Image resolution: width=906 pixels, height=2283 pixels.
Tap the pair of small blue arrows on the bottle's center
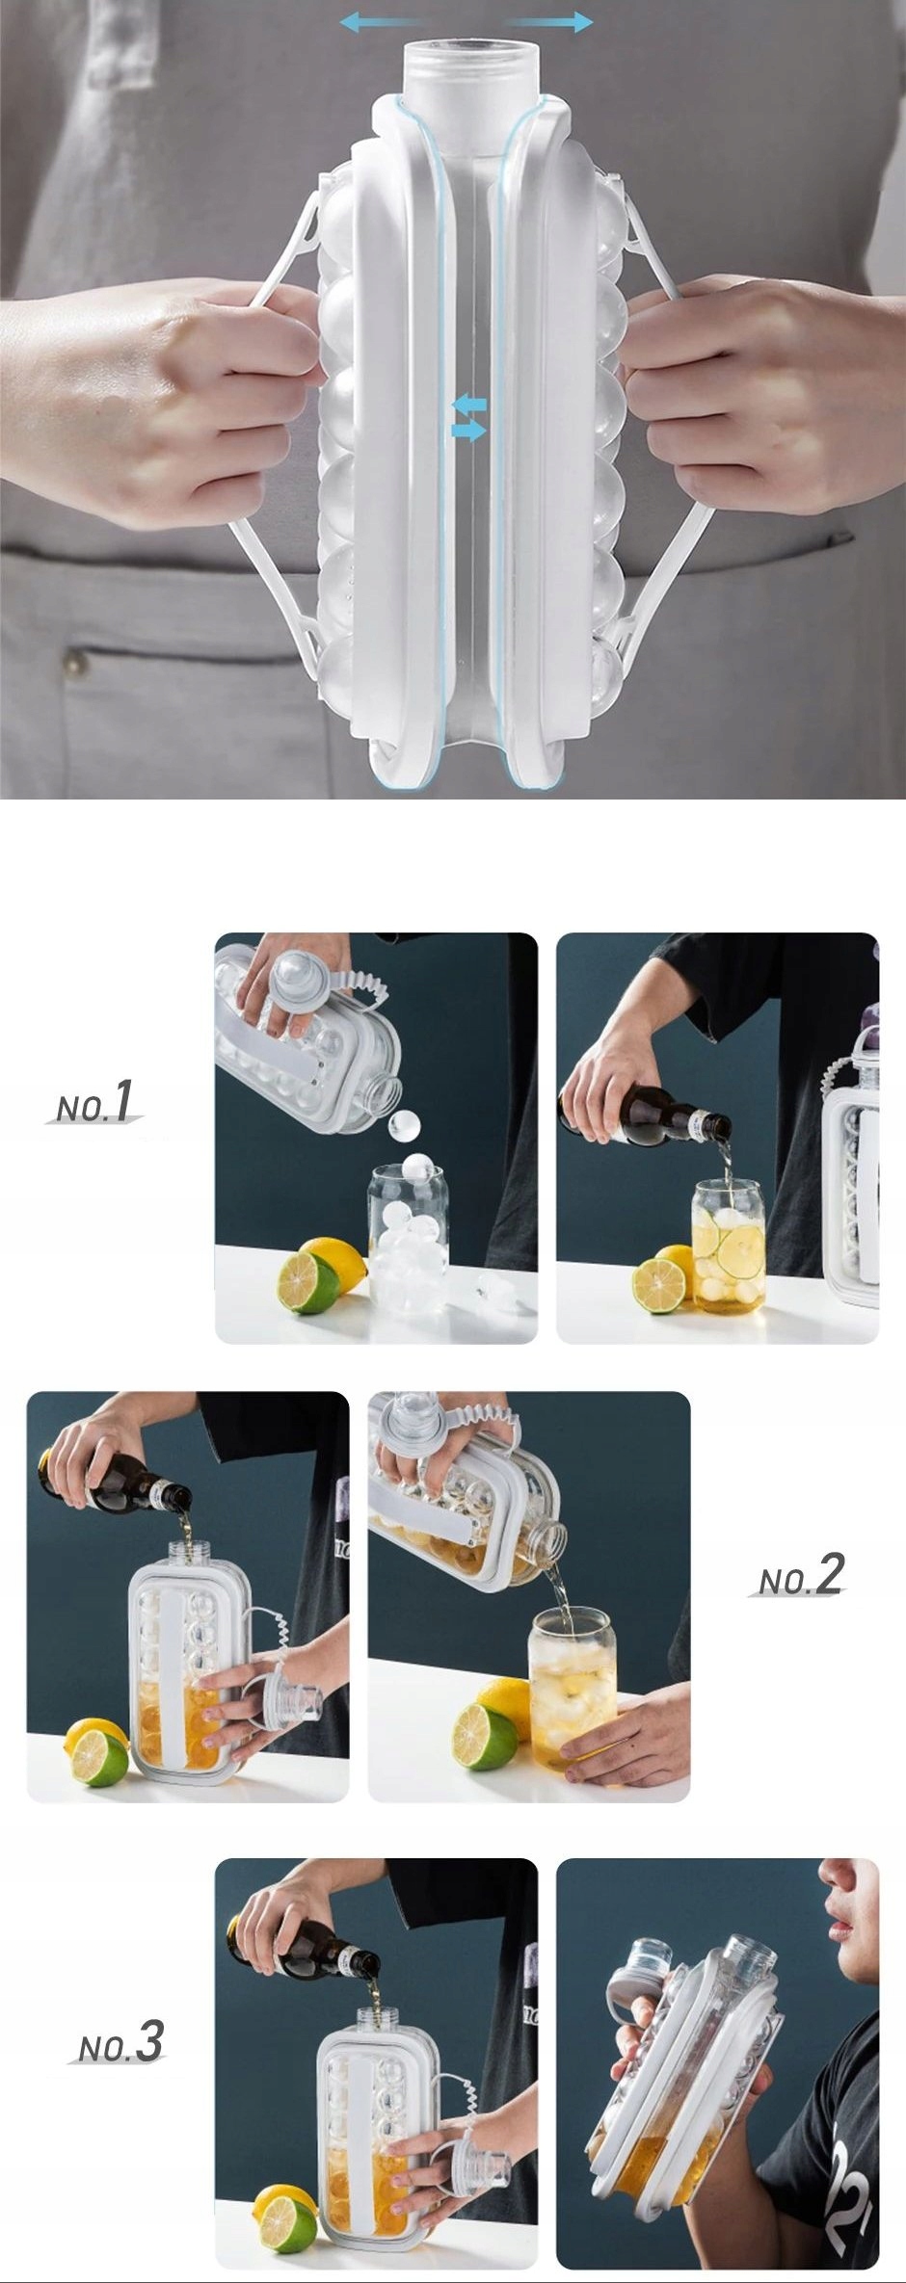pos(469,417)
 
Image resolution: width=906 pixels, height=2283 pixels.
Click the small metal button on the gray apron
pos(73,662)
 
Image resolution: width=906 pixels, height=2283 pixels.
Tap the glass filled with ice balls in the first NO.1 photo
pos(408,1242)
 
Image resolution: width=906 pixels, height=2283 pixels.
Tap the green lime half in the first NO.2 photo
pos(99,1758)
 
